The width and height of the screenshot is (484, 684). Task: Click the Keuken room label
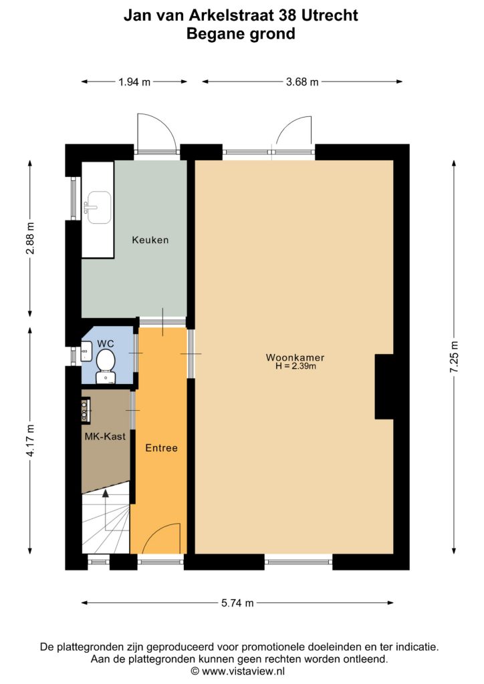point(150,240)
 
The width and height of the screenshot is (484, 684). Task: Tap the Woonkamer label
point(295,358)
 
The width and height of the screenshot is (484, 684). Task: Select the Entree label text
point(162,448)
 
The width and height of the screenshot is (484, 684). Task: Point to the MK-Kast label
point(105,436)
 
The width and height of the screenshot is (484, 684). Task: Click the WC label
point(105,344)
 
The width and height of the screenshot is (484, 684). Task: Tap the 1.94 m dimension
point(134,81)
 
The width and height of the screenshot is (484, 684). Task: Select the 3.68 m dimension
point(302,81)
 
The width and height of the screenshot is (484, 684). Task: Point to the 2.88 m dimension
point(30,238)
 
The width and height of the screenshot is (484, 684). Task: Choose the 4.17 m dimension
point(30,441)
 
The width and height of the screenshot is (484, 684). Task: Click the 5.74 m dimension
point(237,603)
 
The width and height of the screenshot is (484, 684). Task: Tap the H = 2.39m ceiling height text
point(295,367)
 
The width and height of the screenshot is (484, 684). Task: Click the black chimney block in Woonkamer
point(384,387)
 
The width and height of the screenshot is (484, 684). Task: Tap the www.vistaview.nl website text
point(243,671)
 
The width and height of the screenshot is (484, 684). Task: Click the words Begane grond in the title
point(241,33)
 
